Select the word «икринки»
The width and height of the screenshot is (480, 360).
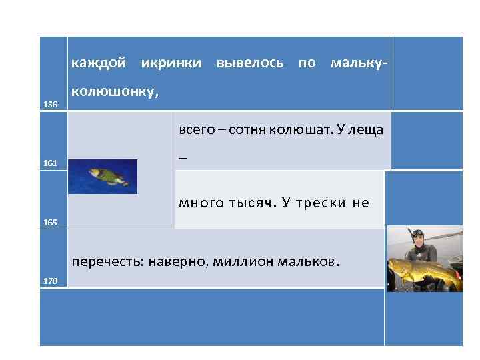[171, 63]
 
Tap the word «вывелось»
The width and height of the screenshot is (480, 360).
[250, 63]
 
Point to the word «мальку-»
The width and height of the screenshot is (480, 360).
[357, 63]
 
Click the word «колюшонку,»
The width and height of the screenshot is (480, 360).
[115, 91]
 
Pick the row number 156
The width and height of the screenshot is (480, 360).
[51, 105]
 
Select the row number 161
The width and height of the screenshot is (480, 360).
[51, 163]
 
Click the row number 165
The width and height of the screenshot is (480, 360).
[51, 222]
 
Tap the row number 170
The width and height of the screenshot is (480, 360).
[51, 281]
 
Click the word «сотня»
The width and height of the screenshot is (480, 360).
[247, 129]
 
